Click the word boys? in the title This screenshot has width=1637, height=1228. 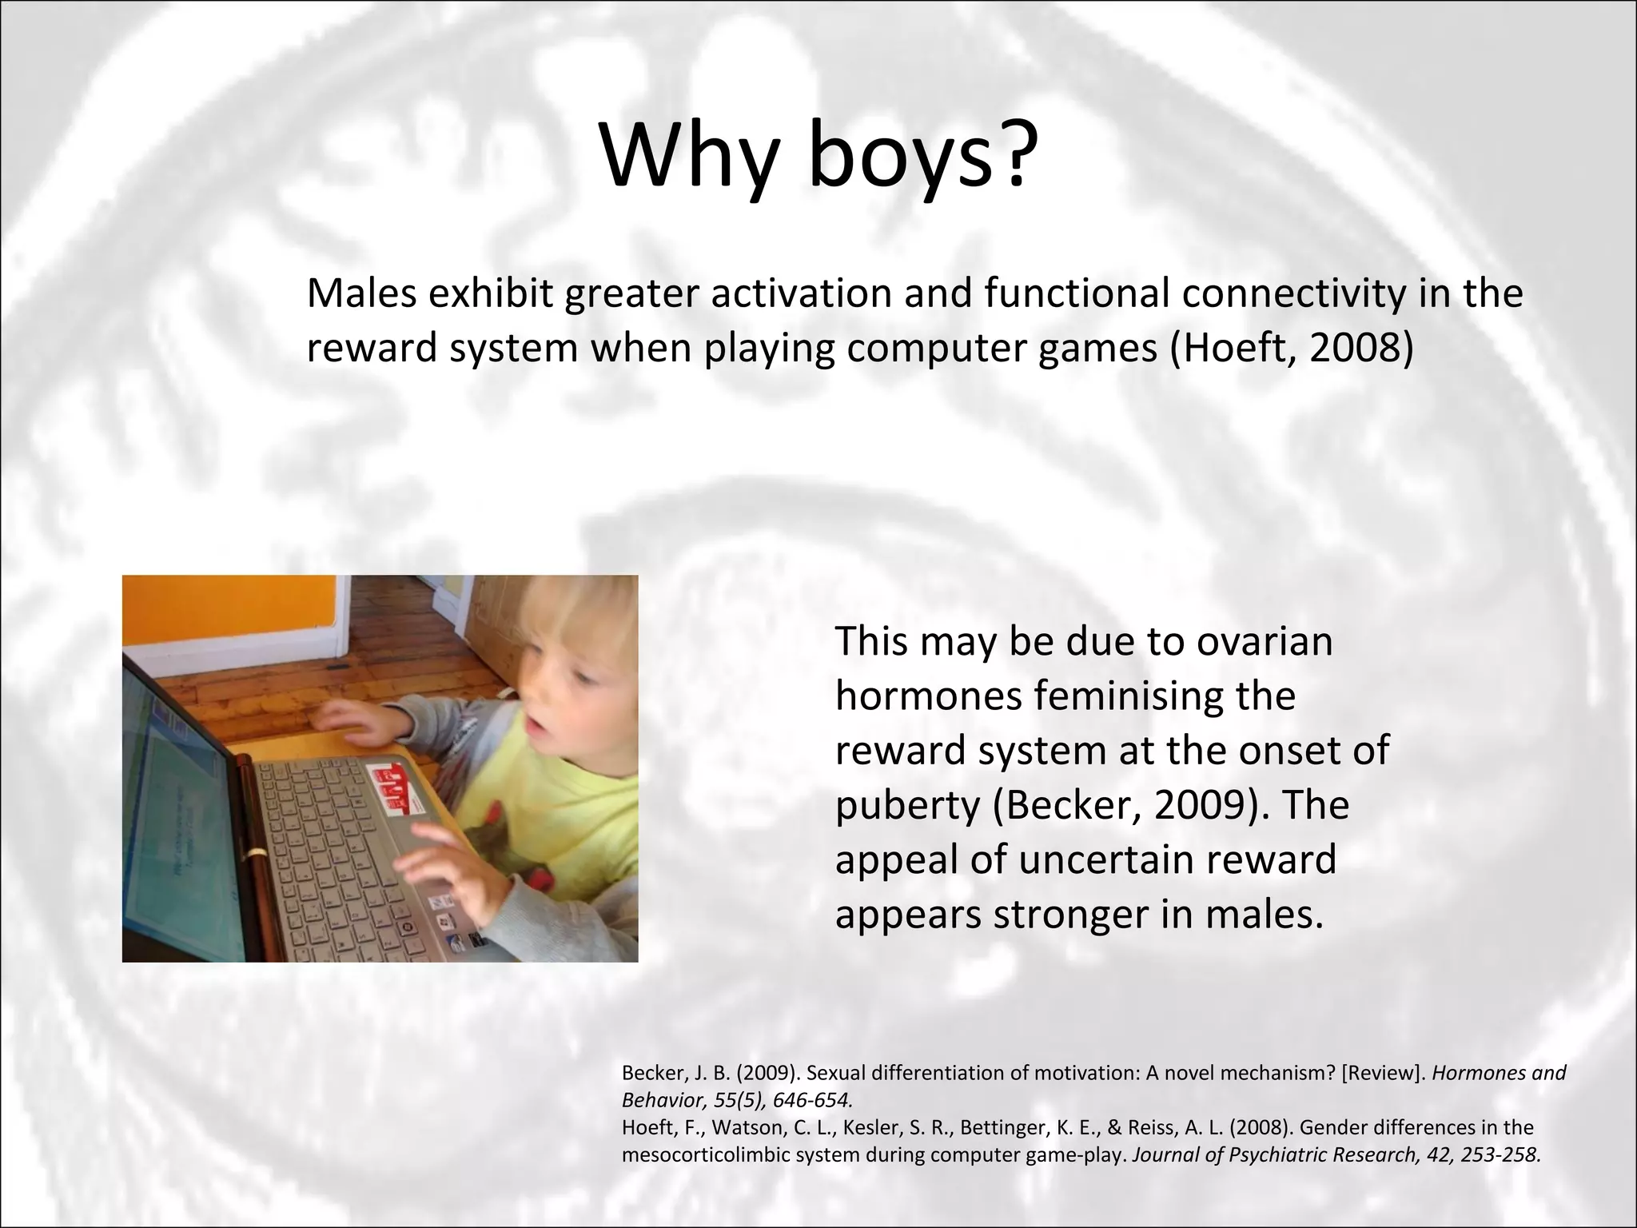(918, 156)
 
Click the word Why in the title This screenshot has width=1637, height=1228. (689, 156)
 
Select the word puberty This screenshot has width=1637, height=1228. (907, 806)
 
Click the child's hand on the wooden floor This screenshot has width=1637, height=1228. (352, 716)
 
